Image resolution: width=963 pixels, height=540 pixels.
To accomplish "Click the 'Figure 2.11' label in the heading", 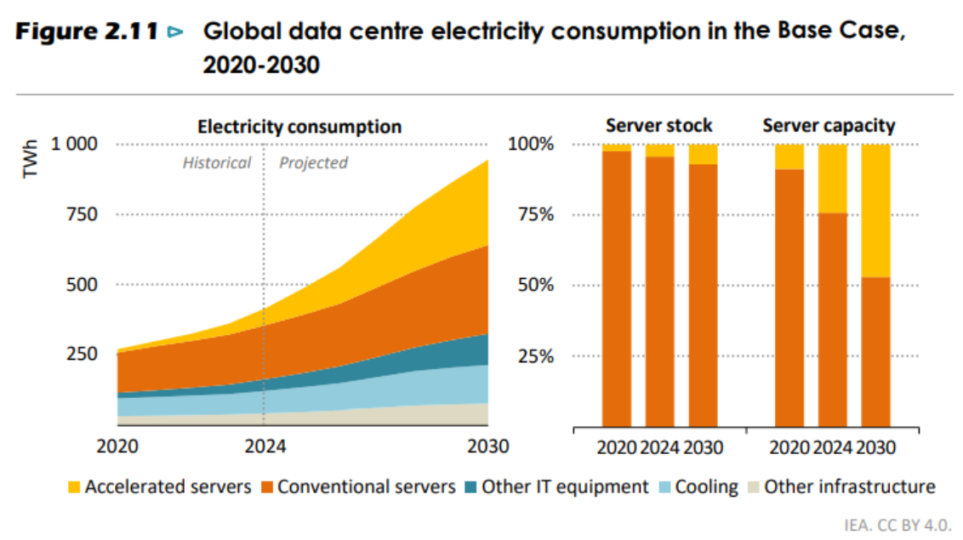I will pos(86,33).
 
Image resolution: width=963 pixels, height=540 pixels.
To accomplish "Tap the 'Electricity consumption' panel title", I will pos(299,127).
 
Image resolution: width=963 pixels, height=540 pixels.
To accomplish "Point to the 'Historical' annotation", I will pos(217,162).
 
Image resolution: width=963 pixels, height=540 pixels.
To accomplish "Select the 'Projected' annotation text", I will pos(313,162).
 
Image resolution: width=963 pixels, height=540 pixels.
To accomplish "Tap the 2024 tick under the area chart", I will pos(264,446).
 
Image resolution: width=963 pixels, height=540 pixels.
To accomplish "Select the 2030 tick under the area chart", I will pos(487,446).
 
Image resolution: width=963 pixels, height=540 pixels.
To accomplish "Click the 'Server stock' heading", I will pos(658,126).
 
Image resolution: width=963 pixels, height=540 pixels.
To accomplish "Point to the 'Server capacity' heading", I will pos(828,126).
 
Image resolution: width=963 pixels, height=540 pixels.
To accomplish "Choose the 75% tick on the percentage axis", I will pos(532,214).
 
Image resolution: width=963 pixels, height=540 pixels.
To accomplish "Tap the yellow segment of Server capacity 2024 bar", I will pos(832,178).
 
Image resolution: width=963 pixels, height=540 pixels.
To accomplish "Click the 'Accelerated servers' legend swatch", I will pos(74,487).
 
